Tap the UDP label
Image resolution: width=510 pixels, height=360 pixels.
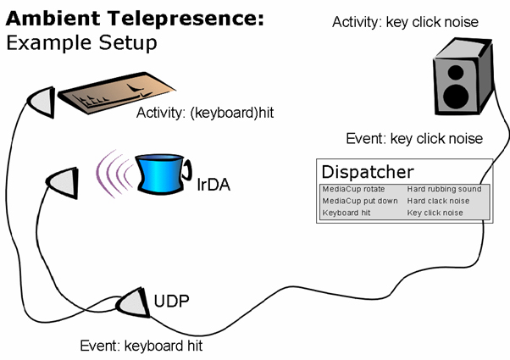[171, 301]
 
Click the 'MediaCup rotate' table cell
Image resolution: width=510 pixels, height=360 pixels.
[353, 189]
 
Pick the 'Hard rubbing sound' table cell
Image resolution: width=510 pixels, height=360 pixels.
[444, 189]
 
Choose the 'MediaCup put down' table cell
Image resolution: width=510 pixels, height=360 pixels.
[359, 201]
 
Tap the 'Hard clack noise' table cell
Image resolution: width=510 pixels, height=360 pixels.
[440, 201]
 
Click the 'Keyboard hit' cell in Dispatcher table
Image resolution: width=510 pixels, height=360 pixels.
[346, 213]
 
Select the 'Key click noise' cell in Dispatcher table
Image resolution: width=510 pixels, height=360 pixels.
[435, 213]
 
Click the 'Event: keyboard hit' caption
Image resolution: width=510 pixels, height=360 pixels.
[141, 346]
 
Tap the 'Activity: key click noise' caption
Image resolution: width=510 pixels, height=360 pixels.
[405, 22]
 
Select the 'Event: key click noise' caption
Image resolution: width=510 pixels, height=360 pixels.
[414, 138]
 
